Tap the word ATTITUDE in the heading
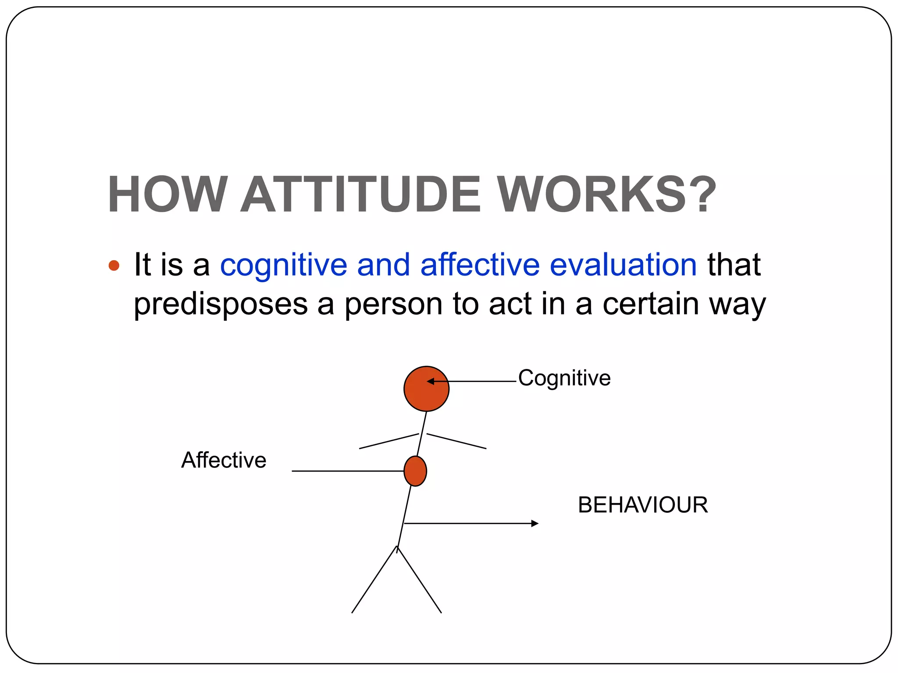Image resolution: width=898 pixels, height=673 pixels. [x=361, y=194]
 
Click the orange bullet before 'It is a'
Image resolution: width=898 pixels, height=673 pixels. [x=114, y=266]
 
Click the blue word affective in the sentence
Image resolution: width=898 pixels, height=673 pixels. [x=480, y=265]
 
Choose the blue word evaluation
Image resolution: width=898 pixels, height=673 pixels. [x=623, y=265]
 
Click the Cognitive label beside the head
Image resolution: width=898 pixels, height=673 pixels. [x=564, y=378]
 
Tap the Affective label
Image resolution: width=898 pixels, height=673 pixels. [x=224, y=460]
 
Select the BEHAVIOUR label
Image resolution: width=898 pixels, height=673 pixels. [x=643, y=505]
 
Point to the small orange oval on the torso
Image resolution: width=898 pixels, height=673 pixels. [x=415, y=471]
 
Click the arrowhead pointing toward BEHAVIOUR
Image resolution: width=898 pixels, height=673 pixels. [x=535, y=523]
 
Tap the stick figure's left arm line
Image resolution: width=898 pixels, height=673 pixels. [x=388, y=441]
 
